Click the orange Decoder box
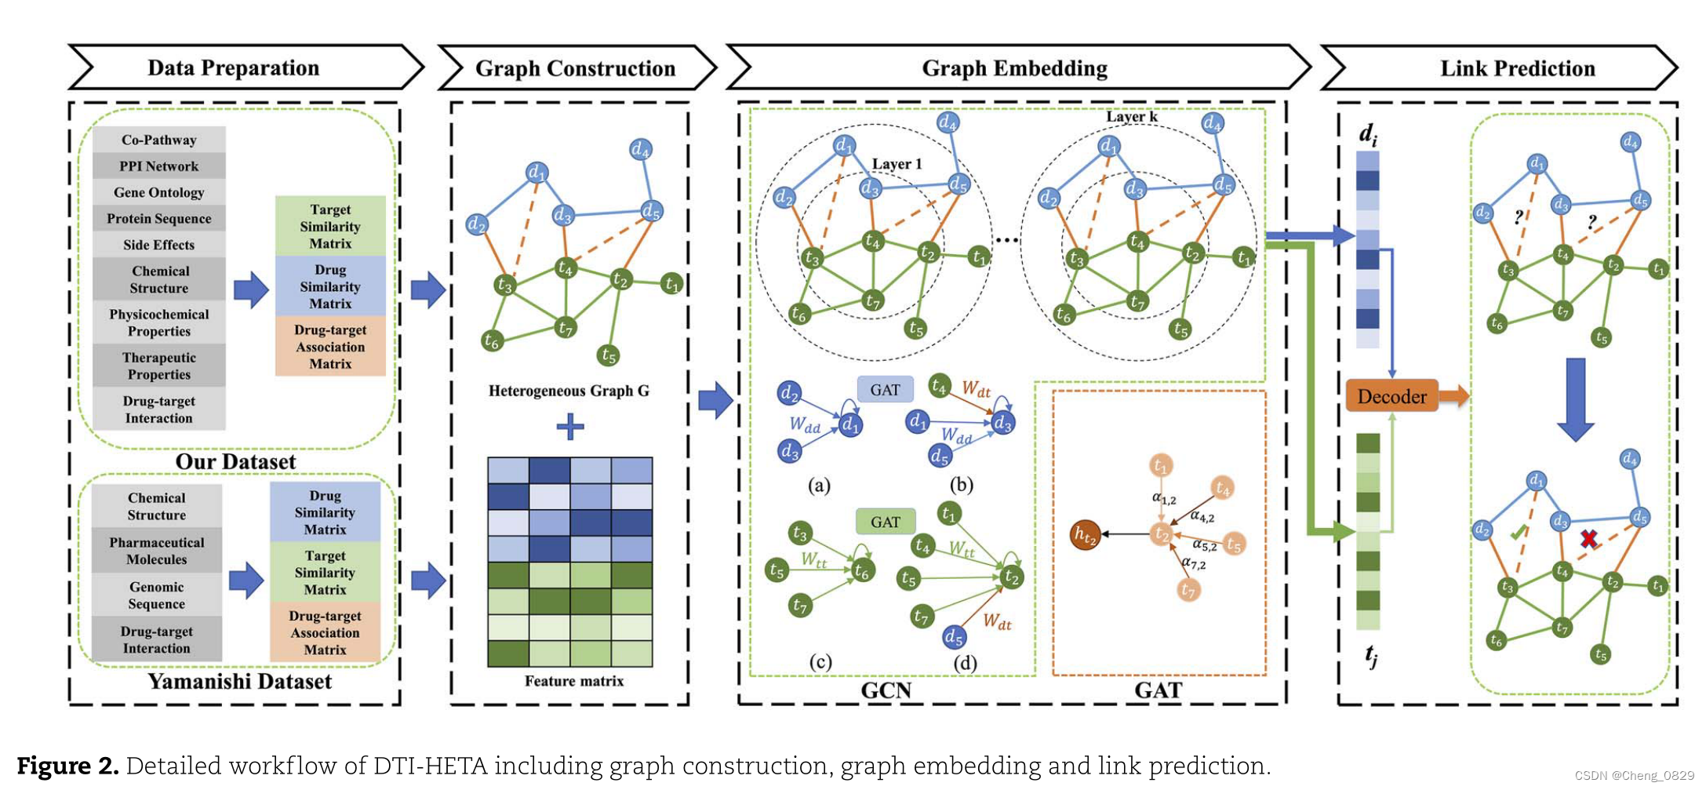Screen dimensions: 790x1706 click(1391, 396)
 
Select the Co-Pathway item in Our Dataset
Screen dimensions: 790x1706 click(159, 140)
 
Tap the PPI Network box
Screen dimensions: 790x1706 click(159, 166)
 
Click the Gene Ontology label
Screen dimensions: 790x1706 click(159, 192)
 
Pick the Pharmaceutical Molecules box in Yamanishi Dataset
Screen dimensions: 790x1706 click(157, 551)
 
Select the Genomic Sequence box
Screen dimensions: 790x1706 click(157, 595)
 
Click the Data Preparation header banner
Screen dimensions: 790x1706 click(234, 67)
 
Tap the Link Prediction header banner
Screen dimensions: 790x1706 click(1517, 68)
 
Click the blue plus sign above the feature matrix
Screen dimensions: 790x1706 click(569, 427)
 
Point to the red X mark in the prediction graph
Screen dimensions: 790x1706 click(1588, 538)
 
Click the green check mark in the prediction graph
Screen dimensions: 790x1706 click(1519, 533)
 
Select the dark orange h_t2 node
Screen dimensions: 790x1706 click(1085, 535)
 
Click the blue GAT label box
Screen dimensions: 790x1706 click(885, 389)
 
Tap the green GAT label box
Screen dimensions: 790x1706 click(885, 522)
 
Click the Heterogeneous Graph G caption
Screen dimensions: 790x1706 click(569, 391)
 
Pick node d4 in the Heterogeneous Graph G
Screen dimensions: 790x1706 click(641, 148)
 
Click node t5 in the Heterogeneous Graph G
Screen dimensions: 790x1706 click(608, 355)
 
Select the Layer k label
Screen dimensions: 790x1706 click(1131, 116)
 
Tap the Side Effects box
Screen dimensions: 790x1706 click(159, 245)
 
